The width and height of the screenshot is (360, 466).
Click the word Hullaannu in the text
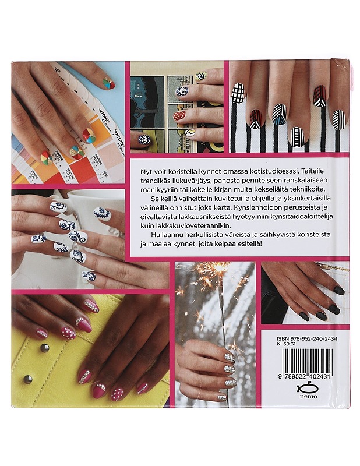pyautogui.click(x=165, y=235)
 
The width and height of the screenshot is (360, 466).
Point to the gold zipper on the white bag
pyautogui.click(x=337, y=267)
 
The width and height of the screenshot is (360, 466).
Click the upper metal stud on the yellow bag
pyautogui.click(x=44, y=348)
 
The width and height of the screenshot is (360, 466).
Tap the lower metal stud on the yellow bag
pyautogui.click(x=27, y=379)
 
